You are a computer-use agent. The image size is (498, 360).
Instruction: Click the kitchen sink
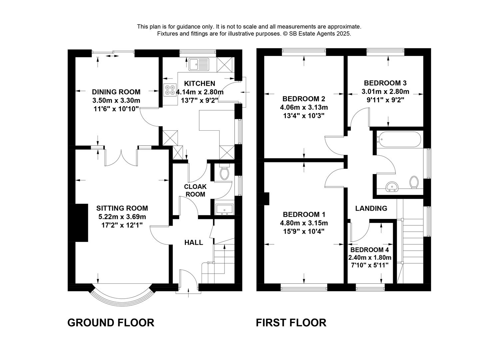[x=198, y=64]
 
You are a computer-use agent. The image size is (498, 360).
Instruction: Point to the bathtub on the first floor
[x=398, y=139]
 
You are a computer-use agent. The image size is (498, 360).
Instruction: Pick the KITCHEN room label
[x=200, y=83]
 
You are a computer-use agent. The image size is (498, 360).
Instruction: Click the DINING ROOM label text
[x=116, y=92]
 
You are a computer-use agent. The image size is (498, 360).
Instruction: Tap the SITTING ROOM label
[x=122, y=208]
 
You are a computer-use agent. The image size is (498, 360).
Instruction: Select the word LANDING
[x=371, y=208]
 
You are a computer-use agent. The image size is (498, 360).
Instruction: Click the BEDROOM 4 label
[x=369, y=250]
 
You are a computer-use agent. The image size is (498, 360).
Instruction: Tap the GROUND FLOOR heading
[x=111, y=323]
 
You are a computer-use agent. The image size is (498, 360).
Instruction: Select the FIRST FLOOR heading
[x=291, y=323]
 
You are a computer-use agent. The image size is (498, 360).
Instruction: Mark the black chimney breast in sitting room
[x=81, y=223]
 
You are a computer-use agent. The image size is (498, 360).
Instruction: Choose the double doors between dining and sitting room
[x=121, y=157]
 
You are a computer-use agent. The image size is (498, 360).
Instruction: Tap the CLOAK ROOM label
[x=195, y=190]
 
